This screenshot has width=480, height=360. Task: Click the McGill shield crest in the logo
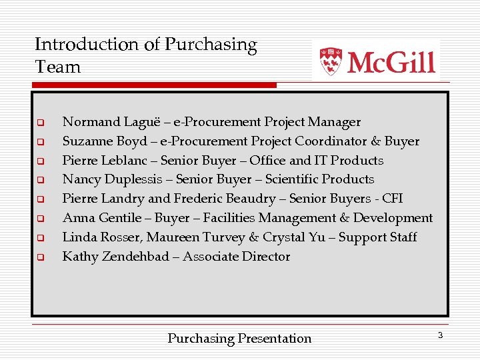click(x=331, y=61)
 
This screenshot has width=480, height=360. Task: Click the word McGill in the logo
click(x=391, y=62)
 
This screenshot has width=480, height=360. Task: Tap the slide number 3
click(x=440, y=335)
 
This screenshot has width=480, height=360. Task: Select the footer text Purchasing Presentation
click(x=239, y=339)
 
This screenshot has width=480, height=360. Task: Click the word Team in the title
click(x=57, y=67)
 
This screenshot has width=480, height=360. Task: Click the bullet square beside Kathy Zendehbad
click(x=40, y=257)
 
